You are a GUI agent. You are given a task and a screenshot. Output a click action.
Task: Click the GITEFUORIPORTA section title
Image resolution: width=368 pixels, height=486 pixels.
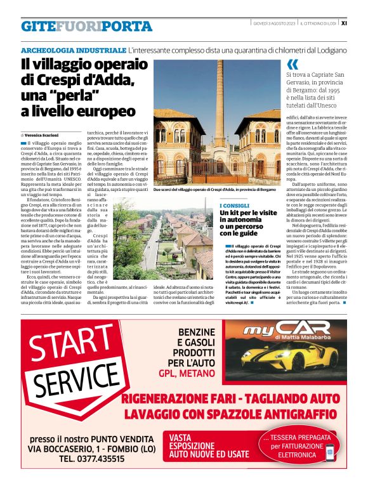[x=86, y=26]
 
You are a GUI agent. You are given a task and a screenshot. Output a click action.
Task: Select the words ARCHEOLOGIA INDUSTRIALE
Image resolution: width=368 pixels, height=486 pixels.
[x=73, y=49]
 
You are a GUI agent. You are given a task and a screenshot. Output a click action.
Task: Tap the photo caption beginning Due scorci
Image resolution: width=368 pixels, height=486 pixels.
[x=214, y=189]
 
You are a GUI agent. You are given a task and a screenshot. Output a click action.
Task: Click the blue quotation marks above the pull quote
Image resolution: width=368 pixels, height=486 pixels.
[x=292, y=64]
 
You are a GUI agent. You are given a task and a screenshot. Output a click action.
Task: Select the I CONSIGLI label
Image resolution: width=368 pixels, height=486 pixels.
[x=234, y=206]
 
